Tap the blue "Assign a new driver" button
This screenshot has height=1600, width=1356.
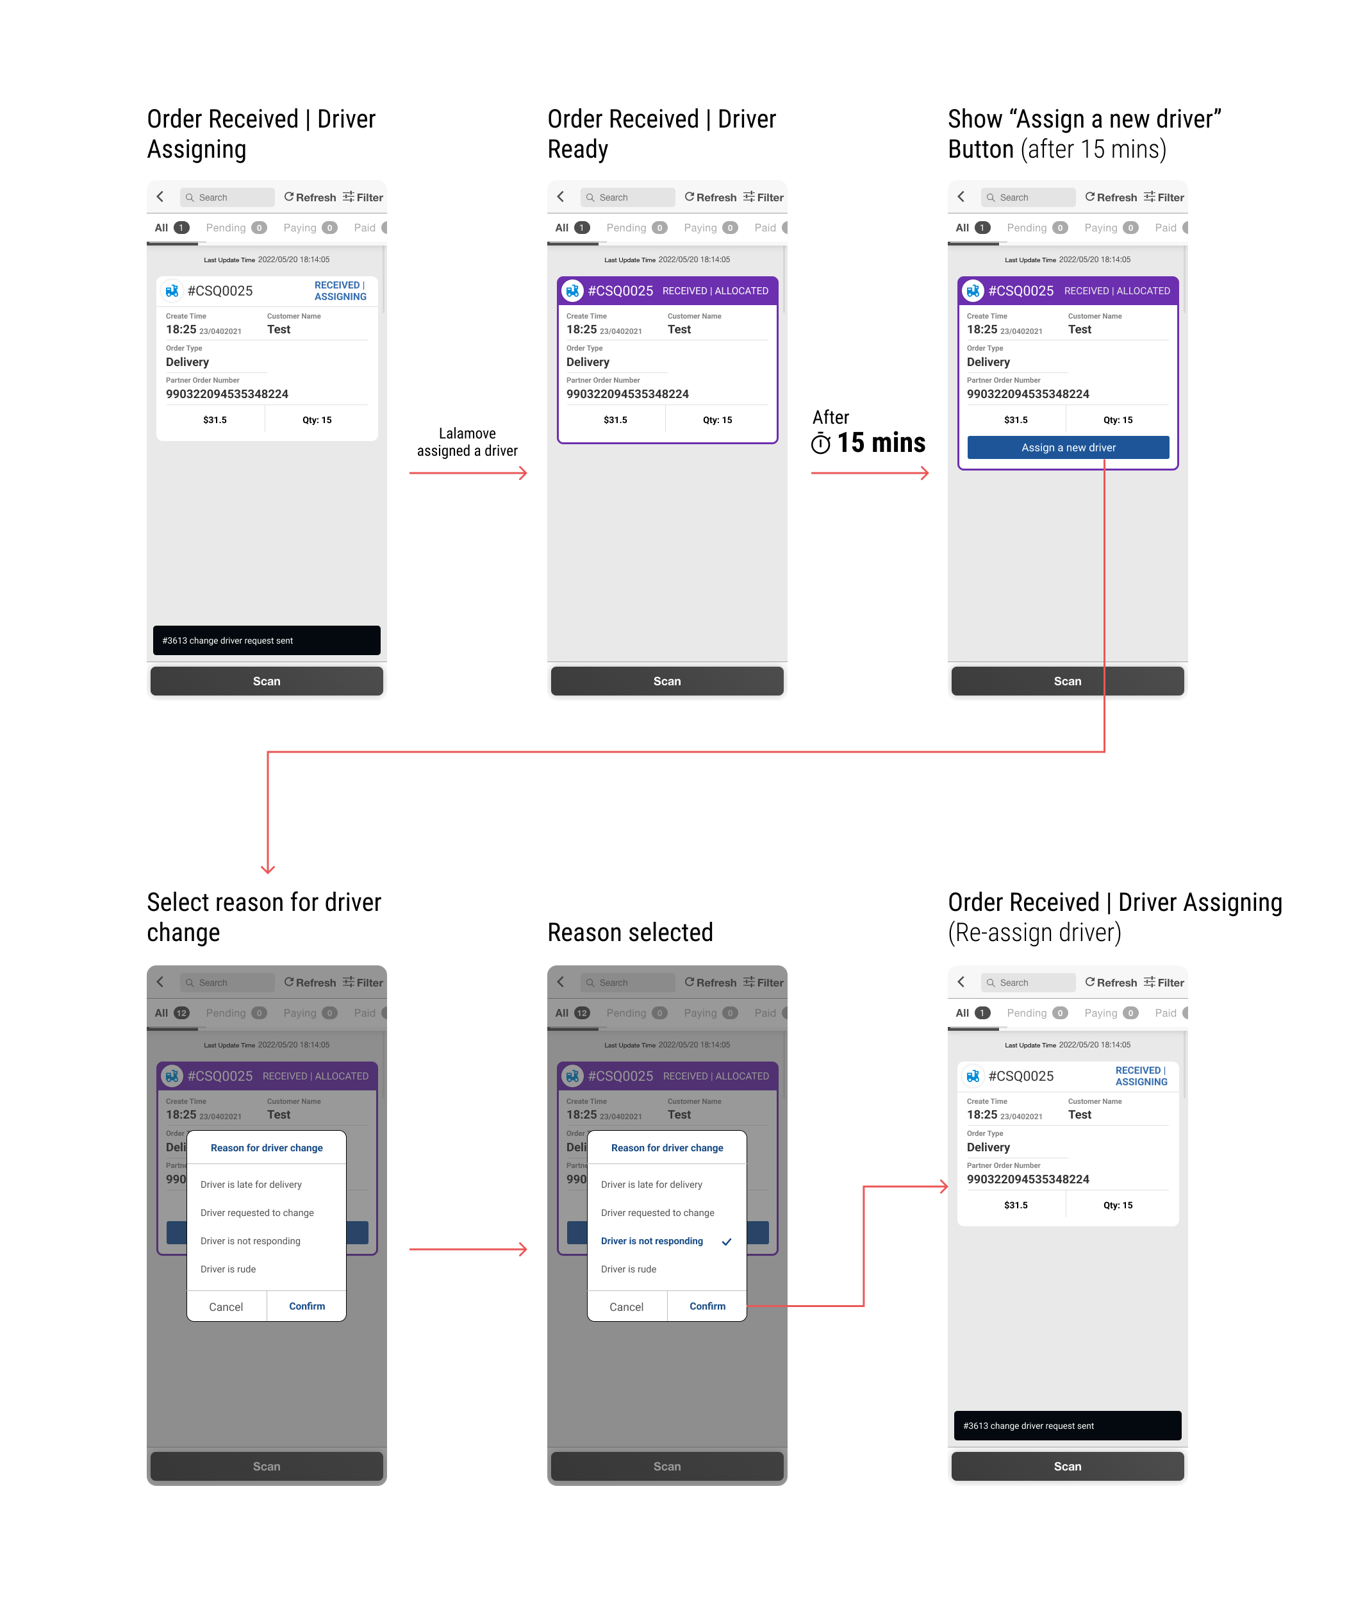point(1068,447)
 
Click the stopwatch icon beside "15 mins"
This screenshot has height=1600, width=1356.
point(820,444)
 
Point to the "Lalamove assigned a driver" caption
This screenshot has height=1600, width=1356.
point(467,442)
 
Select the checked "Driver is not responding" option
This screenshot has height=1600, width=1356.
point(652,1241)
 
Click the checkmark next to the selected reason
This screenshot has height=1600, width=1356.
point(727,1242)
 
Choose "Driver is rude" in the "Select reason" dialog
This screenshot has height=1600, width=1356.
point(228,1269)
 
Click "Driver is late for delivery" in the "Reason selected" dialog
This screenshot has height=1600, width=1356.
point(652,1185)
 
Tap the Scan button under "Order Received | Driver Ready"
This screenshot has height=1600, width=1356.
point(666,681)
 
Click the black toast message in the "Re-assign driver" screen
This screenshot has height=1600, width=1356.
point(1067,1426)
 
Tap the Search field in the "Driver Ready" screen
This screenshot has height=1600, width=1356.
point(628,197)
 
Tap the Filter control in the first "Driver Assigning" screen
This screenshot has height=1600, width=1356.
point(363,197)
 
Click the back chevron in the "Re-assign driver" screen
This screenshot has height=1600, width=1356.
point(961,982)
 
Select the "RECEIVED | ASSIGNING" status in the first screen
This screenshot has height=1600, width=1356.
point(340,290)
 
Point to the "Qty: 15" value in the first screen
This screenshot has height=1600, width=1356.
point(317,420)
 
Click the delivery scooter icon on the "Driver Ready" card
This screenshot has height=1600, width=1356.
point(573,290)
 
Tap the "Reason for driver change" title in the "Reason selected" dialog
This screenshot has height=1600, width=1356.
point(666,1148)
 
